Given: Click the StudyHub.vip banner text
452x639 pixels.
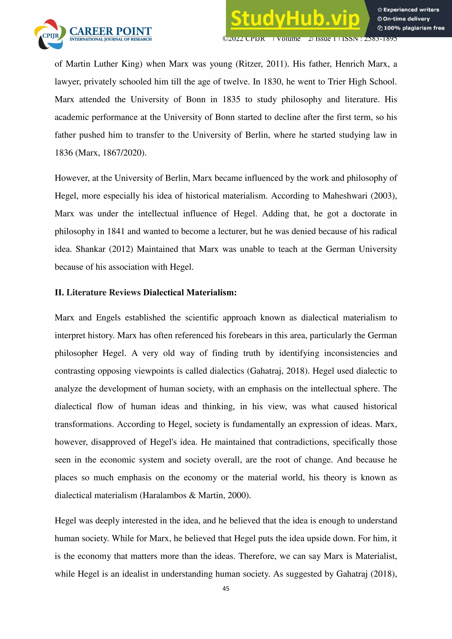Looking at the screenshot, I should click(295, 19).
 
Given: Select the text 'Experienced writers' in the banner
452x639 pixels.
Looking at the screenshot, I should click(411, 10).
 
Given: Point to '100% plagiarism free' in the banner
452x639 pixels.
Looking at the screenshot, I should click(414, 28).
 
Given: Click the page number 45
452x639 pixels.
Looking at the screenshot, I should click(226, 588).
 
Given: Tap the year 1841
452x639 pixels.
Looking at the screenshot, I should click(115, 231).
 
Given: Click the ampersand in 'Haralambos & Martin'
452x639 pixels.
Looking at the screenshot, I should click(192, 495).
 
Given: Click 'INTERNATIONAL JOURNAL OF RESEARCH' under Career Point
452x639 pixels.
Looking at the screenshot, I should click(111, 39).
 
